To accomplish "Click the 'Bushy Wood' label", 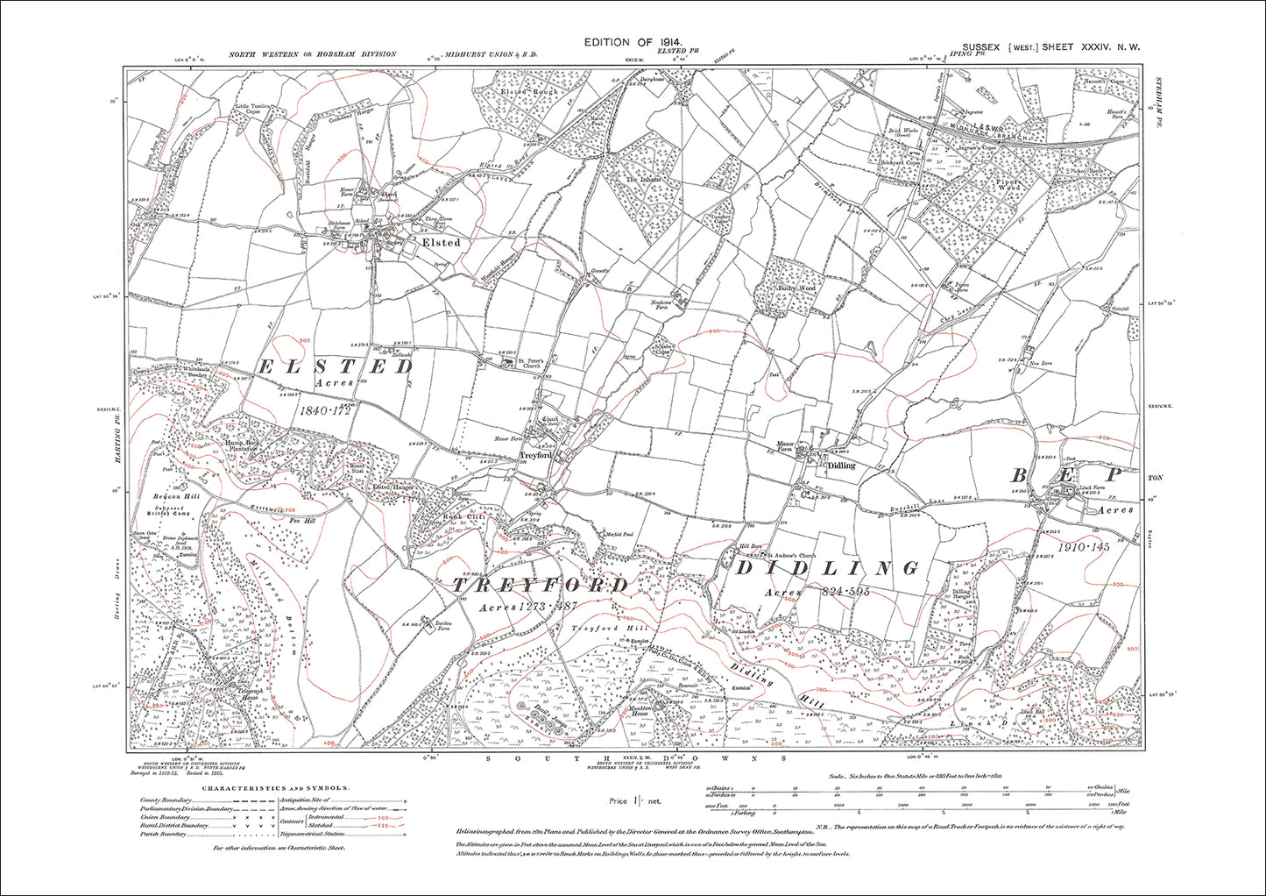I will pyautogui.click(x=796, y=288).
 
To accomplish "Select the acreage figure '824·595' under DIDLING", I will pyautogui.click(x=839, y=593).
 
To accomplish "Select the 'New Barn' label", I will pyautogui.click(x=1040, y=363).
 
